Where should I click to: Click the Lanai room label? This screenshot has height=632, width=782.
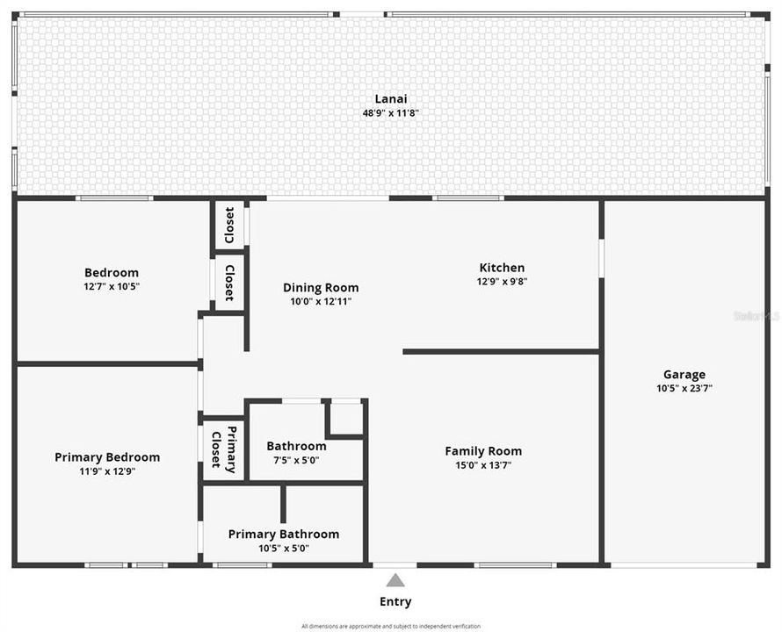coord(391,99)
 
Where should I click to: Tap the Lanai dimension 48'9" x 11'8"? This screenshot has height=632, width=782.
coord(391,113)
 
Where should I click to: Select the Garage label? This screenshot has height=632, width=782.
coord(684,375)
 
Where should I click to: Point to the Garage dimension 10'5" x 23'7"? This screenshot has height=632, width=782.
coord(684,388)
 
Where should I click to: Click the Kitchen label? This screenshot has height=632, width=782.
coord(502,268)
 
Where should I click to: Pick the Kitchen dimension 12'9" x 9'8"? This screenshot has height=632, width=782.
coord(502,282)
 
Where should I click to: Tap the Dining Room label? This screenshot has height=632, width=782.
coord(321,287)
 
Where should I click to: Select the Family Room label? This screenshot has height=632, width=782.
coord(483,451)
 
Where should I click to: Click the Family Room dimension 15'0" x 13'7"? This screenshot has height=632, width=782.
coord(483,465)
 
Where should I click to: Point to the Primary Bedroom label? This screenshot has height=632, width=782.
coord(107,457)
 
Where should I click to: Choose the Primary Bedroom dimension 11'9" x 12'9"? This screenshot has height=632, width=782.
coord(107,471)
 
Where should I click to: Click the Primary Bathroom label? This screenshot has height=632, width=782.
coord(283,534)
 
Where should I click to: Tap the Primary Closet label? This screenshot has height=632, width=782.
coord(224,449)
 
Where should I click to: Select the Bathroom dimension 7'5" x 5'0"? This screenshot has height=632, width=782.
coord(296,460)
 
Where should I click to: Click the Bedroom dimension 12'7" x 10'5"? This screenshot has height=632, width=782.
coord(112,286)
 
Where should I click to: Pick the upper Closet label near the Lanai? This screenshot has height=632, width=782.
coord(229,225)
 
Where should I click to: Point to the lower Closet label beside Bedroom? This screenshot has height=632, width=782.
coord(229,283)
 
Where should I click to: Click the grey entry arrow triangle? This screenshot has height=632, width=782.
coord(395,580)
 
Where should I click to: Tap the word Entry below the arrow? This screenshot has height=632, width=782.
coord(395,602)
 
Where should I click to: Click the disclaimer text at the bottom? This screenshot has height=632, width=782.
coord(391,626)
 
